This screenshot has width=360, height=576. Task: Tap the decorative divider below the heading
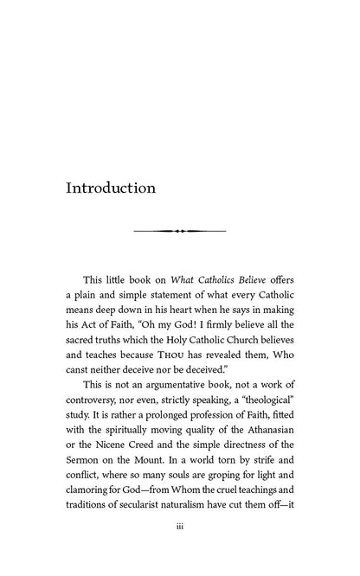180,232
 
